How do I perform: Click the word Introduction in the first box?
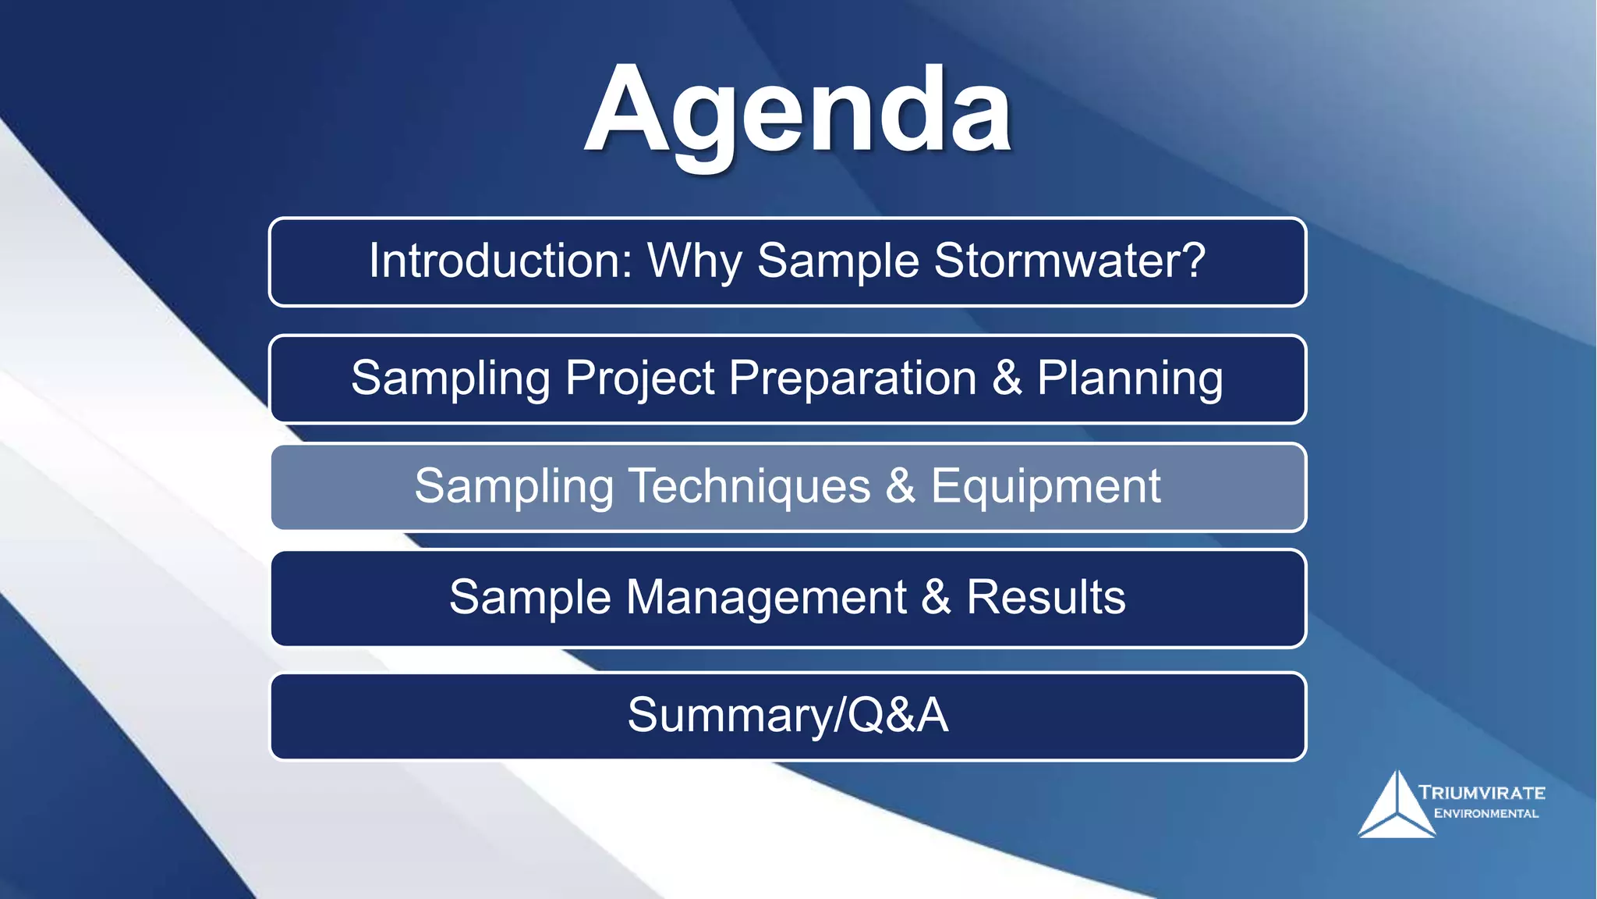tap(500, 261)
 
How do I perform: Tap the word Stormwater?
tap(1069, 261)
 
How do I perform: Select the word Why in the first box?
tap(694, 261)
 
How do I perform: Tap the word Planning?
tap(1130, 378)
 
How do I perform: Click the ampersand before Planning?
tap(1007, 378)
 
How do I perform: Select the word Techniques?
tap(749, 486)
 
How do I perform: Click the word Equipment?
tap(1046, 486)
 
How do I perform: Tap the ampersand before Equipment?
tap(901, 486)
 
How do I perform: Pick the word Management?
tap(766, 598)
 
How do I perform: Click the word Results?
tap(1046, 598)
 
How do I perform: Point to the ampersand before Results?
tap(936, 598)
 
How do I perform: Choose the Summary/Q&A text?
tap(788, 715)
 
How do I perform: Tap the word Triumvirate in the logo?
tap(1482, 793)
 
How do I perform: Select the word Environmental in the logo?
tap(1486, 814)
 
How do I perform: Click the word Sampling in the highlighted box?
tap(513, 486)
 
